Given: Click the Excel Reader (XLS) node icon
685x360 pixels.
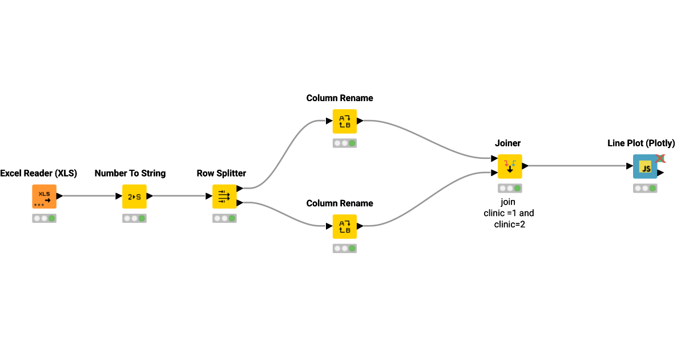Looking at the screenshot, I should tap(44, 197).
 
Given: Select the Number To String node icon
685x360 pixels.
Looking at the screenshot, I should tap(134, 197).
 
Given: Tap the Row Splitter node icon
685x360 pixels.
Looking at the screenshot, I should tap(224, 197).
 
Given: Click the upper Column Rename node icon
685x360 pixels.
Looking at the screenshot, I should tap(345, 121).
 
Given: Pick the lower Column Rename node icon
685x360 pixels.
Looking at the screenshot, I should tap(345, 226).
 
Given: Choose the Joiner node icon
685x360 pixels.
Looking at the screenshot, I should tap(510, 166).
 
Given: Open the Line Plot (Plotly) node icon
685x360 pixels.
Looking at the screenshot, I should tap(645, 166).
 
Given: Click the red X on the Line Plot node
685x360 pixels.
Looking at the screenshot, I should tap(660, 158).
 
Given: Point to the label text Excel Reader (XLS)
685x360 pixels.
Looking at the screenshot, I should tap(39, 173).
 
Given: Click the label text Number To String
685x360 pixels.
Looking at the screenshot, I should tap(130, 173).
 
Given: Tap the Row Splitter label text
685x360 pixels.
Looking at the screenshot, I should tap(221, 173).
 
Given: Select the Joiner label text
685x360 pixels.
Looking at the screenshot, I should tap(508, 143).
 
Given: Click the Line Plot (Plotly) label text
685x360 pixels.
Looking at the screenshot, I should tap(641, 143).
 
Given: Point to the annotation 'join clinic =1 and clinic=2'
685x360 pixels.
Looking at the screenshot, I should tap(509, 213).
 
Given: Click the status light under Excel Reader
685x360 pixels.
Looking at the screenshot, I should tap(44, 218).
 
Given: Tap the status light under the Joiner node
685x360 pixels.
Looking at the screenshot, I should tap(510, 188).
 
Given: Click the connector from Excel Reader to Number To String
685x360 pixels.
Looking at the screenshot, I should tap(90, 196).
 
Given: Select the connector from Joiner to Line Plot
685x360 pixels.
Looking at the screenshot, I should tap(577, 166).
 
